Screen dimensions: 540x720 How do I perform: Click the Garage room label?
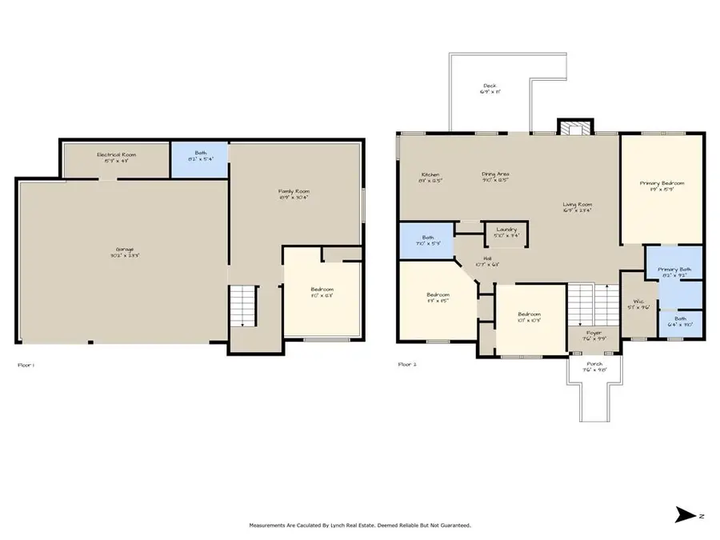point(123,251)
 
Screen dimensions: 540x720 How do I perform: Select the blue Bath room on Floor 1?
point(199,159)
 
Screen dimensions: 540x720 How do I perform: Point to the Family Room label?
point(294,193)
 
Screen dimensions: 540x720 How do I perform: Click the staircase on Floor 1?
point(243,306)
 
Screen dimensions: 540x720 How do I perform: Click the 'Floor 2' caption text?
point(407,364)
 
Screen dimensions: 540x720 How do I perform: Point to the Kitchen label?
point(430,176)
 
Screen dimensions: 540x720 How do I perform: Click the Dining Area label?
point(495,176)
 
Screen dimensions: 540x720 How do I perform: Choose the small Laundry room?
point(506,232)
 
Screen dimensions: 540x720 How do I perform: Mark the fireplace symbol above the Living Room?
point(574,128)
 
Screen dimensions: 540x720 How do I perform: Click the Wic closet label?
point(638,304)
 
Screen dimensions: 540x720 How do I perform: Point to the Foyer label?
point(593,334)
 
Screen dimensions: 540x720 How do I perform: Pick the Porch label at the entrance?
point(593,365)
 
